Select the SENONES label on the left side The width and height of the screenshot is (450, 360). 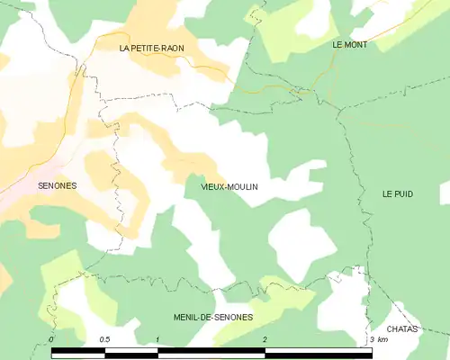click(x=58, y=186)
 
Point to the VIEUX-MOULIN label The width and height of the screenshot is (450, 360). click(x=222, y=187)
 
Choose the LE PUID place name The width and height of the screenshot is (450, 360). click(x=397, y=193)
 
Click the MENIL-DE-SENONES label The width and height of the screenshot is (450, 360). click(x=212, y=318)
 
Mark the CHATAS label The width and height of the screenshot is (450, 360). click(x=403, y=329)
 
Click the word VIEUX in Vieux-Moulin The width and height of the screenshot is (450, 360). click(x=202, y=187)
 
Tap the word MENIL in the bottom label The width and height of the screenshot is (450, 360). click(x=186, y=318)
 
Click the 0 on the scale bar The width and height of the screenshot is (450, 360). click(x=52, y=339)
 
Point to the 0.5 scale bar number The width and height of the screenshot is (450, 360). click(x=105, y=339)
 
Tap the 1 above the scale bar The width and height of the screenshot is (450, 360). click(x=158, y=339)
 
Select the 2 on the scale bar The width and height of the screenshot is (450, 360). click(x=265, y=339)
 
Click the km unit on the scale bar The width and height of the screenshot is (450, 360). click(x=382, y=339)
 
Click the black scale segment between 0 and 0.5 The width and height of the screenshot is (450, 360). click(x=78, y=350)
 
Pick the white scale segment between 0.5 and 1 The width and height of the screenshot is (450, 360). click(x=131, y=350)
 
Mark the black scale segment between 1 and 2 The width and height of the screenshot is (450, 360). click(x=211, y=350)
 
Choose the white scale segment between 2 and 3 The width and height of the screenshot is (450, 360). click(x=318, y=350)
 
